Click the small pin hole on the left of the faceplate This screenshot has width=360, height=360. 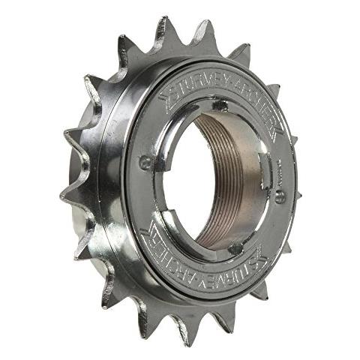point(145,160)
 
